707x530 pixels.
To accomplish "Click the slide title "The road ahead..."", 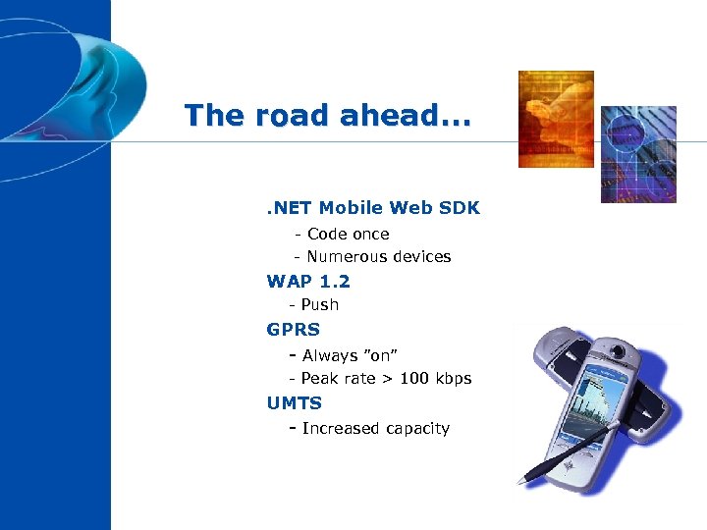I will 327,116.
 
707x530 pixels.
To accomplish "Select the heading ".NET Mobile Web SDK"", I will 373,207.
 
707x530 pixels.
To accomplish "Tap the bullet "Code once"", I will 348,234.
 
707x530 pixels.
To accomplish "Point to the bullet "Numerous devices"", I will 378,257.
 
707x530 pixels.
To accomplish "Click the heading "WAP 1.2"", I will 308,282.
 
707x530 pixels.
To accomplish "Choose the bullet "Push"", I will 319,305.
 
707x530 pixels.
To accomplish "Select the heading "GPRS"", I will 293,330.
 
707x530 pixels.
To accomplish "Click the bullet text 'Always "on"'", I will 349,355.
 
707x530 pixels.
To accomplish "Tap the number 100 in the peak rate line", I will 413,379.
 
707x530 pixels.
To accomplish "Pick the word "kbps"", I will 453,379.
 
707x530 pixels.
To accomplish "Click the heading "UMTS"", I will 294,403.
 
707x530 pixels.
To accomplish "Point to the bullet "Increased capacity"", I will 375,428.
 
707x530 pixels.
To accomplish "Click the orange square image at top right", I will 556,119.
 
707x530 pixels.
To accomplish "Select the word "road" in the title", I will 283,116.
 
